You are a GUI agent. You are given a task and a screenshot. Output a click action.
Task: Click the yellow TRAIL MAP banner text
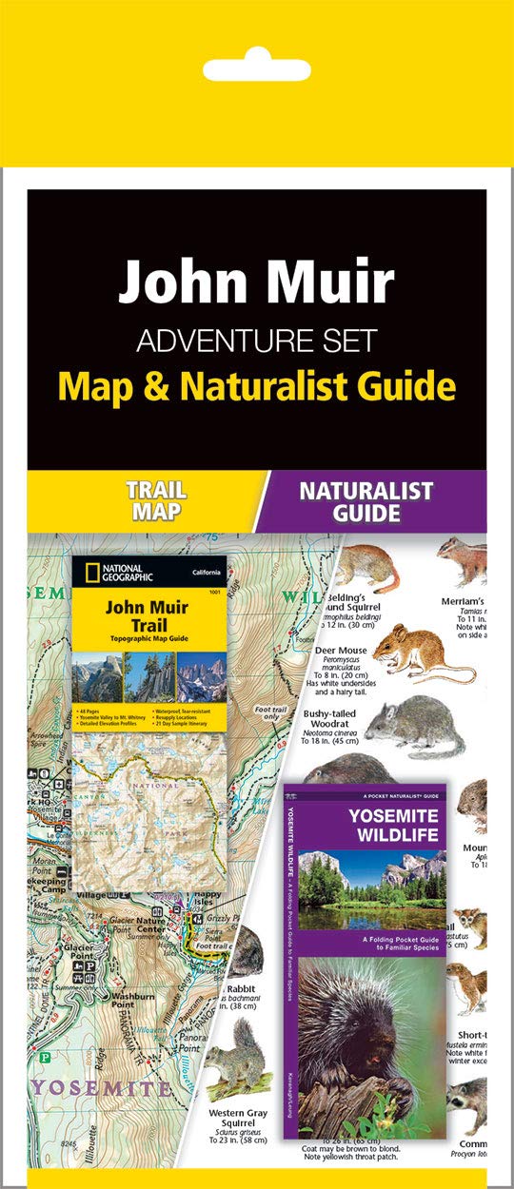click(156, 502)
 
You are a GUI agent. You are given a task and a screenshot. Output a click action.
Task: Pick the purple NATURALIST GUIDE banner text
click(366, 502)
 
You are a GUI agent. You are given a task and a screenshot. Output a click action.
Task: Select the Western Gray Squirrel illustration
click(237, 1055)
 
